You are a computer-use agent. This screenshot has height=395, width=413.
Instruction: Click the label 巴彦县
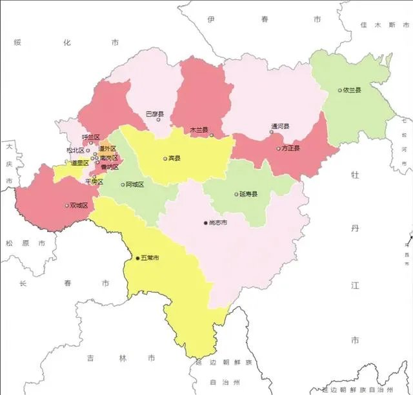click(155, 113)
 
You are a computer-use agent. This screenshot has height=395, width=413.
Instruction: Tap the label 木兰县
click(199, 130)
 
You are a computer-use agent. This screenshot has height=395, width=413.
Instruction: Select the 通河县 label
click(281, 126)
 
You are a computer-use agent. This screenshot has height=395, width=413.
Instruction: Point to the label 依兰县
click(352, 90)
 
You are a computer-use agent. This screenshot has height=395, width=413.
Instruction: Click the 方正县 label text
click(292, 148)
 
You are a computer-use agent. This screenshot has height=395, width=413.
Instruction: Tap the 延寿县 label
click(248, 194)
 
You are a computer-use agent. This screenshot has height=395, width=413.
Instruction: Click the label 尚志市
click(217, 223)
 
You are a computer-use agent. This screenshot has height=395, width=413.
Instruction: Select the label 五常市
click(150, 258)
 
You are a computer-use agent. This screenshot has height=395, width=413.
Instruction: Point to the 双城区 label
click(79, 206)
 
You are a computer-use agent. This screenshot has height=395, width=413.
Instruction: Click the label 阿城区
click(135, 184)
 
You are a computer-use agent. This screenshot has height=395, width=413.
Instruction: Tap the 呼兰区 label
click(91, 137)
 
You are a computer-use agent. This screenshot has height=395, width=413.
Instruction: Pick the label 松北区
click(76, 150)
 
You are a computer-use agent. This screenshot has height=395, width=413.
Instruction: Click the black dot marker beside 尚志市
click(206, 223)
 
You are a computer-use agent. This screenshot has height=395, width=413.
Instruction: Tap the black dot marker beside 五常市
click(137, 258)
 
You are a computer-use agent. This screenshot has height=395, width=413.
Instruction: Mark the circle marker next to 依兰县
click(340, 90)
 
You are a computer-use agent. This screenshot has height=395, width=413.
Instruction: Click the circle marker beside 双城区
click(66, 206)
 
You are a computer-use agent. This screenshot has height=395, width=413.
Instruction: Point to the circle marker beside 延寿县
click(236, 194)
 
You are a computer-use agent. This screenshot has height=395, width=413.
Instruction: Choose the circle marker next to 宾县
click(165, 158)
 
